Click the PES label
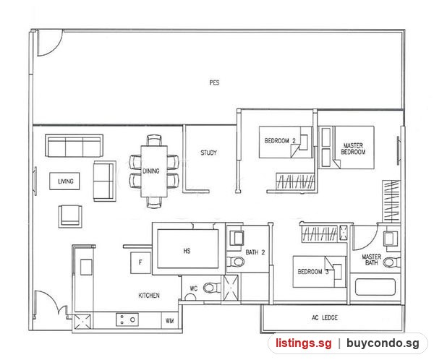pyautogui.click(x=214, y=82)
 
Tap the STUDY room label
pyautogui.click(x=208, y=153)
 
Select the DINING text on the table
pyautogui.click(x=151, y=171)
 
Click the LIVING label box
pyautogui.click(x=65, y=181)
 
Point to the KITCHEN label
pyautogui.click(x=149, y=296)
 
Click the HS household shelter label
pyautogui.click(x=187, y=251)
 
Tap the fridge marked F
pyautogui.click(x=140, y=262)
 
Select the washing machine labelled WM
pyautogui.click(x=170, y=321)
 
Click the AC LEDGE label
pyautogui.click(x=324, y=317)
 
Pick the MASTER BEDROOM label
pyautogui.click(x=353, y=149)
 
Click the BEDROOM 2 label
pyautogui.click(x=280, y=141)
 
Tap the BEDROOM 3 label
pyautogui.click(x=313, y=272)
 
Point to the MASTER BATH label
pyautogui.click(x=372, y=260)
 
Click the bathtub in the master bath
pyautogui.click(x=375, y=287)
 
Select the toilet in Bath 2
pyautogui.click(x=236, y=262)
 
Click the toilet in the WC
pyautogui.click(x=212, y=288)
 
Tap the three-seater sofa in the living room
pyautogui.click(x=75, y=146)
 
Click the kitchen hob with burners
pyautogui.click(x=127, y=320)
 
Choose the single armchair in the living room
pyautogui.click(x=70, y=216)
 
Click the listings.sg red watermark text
pyautogui.click(x=303, y=343)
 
